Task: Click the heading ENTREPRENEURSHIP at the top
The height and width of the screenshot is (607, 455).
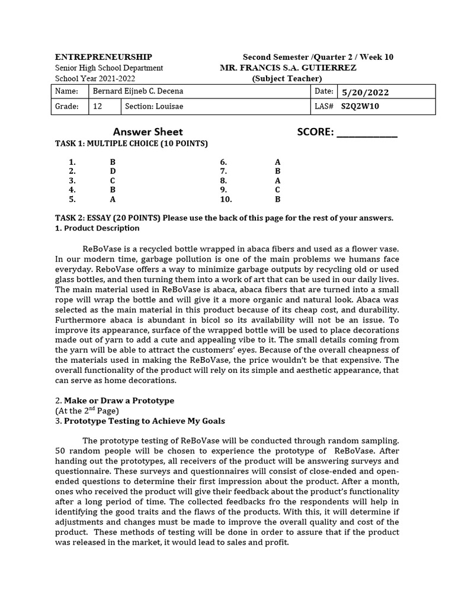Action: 103,57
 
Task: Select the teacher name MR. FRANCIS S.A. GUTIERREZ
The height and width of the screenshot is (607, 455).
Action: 288,68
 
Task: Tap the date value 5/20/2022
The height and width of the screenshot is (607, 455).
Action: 366,92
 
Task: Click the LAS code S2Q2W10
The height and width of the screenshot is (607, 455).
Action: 360,107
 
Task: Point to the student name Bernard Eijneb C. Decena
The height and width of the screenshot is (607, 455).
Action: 138,91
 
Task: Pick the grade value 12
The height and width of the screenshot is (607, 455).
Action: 98,107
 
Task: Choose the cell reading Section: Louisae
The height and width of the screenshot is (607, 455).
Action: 154,107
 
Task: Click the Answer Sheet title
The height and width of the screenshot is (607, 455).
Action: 148,132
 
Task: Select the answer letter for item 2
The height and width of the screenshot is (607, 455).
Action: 113,171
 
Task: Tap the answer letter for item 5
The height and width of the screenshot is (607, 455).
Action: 113,200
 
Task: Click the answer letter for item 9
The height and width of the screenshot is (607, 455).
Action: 277,190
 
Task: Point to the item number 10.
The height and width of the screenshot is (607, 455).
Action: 226,200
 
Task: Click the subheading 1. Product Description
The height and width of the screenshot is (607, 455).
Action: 97,228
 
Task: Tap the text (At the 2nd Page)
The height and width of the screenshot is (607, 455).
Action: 87,411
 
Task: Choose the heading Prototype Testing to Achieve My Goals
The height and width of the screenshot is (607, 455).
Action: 144,421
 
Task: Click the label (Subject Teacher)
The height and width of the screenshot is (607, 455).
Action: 287,78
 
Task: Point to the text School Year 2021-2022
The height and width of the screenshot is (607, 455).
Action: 95,78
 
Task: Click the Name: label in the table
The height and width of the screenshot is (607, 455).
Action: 66,91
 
